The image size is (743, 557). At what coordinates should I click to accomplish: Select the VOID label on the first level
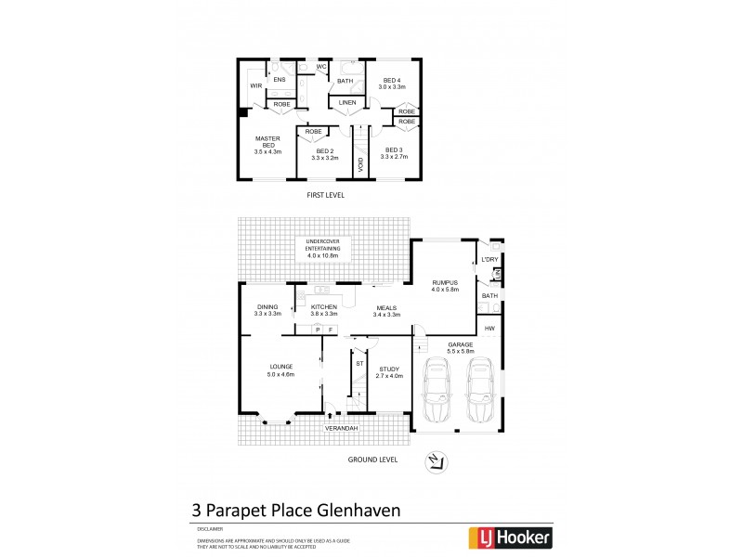[360, 163]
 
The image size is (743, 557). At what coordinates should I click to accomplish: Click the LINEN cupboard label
[346, 102]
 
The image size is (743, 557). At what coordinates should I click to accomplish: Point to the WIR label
[255, 85]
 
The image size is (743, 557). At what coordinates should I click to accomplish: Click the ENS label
[279, 80]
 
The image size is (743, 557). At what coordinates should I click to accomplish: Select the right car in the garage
[479, 392]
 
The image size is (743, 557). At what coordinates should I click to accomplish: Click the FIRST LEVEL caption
[326, 197]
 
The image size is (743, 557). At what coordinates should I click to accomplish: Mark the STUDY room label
[389, 372]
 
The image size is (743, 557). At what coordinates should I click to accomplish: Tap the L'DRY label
[489, 259]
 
